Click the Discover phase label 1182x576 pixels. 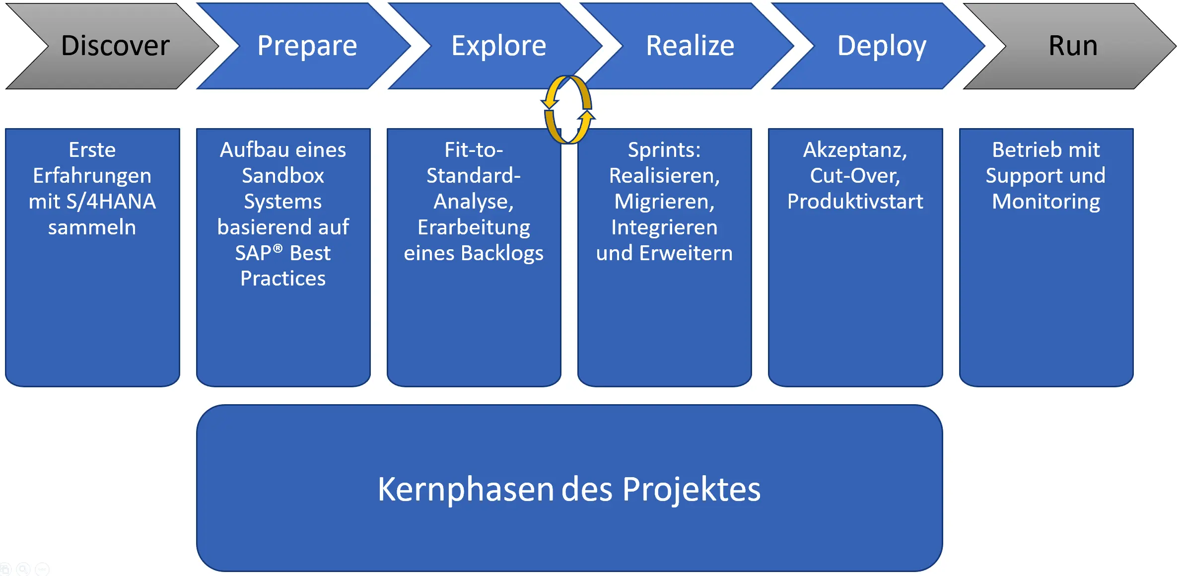click(115, 46)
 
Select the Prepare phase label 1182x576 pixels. click(307, 46)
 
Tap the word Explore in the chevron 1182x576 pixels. click(498, 46)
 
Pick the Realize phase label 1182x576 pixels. click(690, 46)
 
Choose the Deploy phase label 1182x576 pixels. click(881, 46)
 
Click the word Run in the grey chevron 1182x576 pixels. click(1072, 46)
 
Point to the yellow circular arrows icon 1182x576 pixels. click(568, 110)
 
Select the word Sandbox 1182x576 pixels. click(283, 176)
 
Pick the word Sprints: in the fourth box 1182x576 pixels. click(664, 150)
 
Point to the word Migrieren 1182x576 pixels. click(664, 202)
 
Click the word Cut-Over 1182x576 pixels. click(854, 176)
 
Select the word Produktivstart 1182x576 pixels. click(855, 202)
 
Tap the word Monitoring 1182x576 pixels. click(1046, 202)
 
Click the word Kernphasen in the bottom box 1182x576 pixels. click(465, 490)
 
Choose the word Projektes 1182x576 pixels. click(691, 490)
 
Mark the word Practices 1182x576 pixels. click(283, 279)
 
